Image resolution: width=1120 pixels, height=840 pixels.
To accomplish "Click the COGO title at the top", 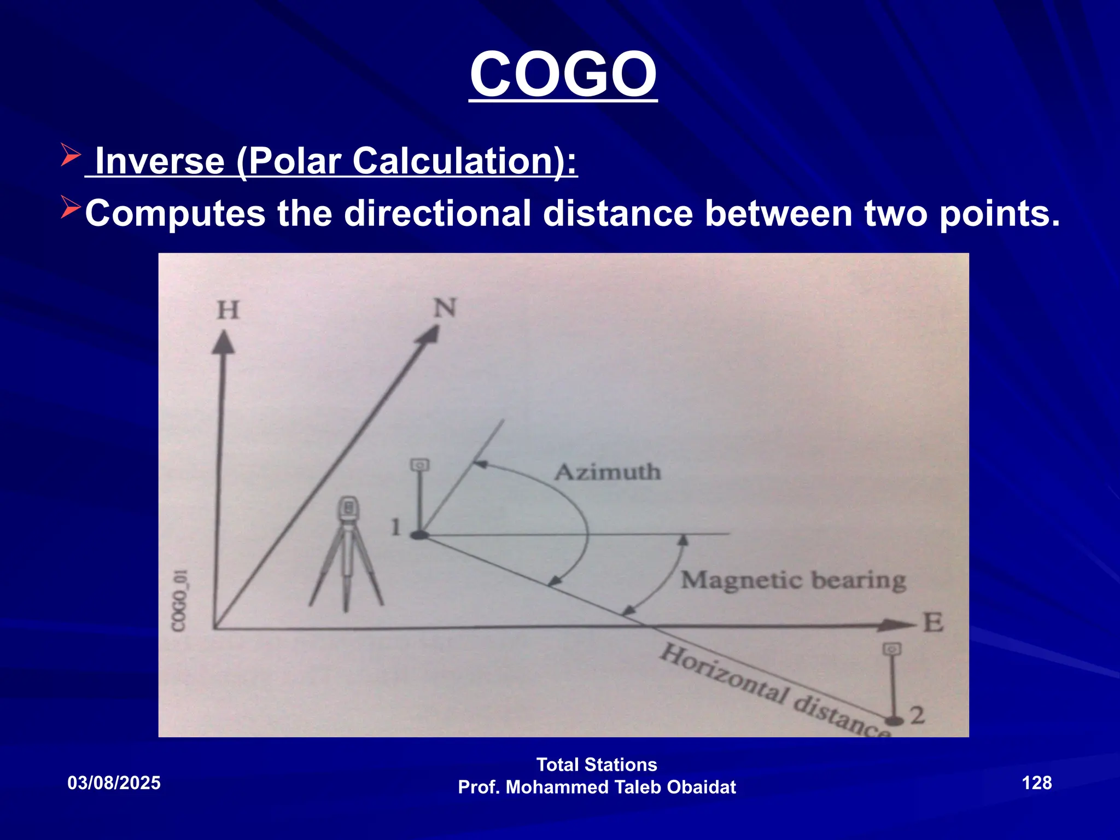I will point(563,75).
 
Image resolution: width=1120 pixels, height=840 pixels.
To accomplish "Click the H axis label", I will point(228,310).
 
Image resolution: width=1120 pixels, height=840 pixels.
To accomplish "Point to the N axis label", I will point(445,308).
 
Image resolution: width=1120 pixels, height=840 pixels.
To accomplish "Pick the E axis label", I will point(933,623).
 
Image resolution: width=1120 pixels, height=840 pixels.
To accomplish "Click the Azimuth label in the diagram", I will point(608,472).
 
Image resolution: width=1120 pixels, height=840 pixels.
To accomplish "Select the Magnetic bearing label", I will point(793,580).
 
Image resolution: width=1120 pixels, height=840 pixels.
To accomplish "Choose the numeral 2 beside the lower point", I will point(917,715).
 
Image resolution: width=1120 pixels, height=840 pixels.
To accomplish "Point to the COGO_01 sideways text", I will point(180,599).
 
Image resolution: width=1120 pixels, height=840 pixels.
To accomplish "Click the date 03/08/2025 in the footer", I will point(114,783).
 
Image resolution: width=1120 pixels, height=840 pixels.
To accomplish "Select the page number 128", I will point(1036,783).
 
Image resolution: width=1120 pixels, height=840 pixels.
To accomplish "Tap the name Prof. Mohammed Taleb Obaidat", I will point(597,787).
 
